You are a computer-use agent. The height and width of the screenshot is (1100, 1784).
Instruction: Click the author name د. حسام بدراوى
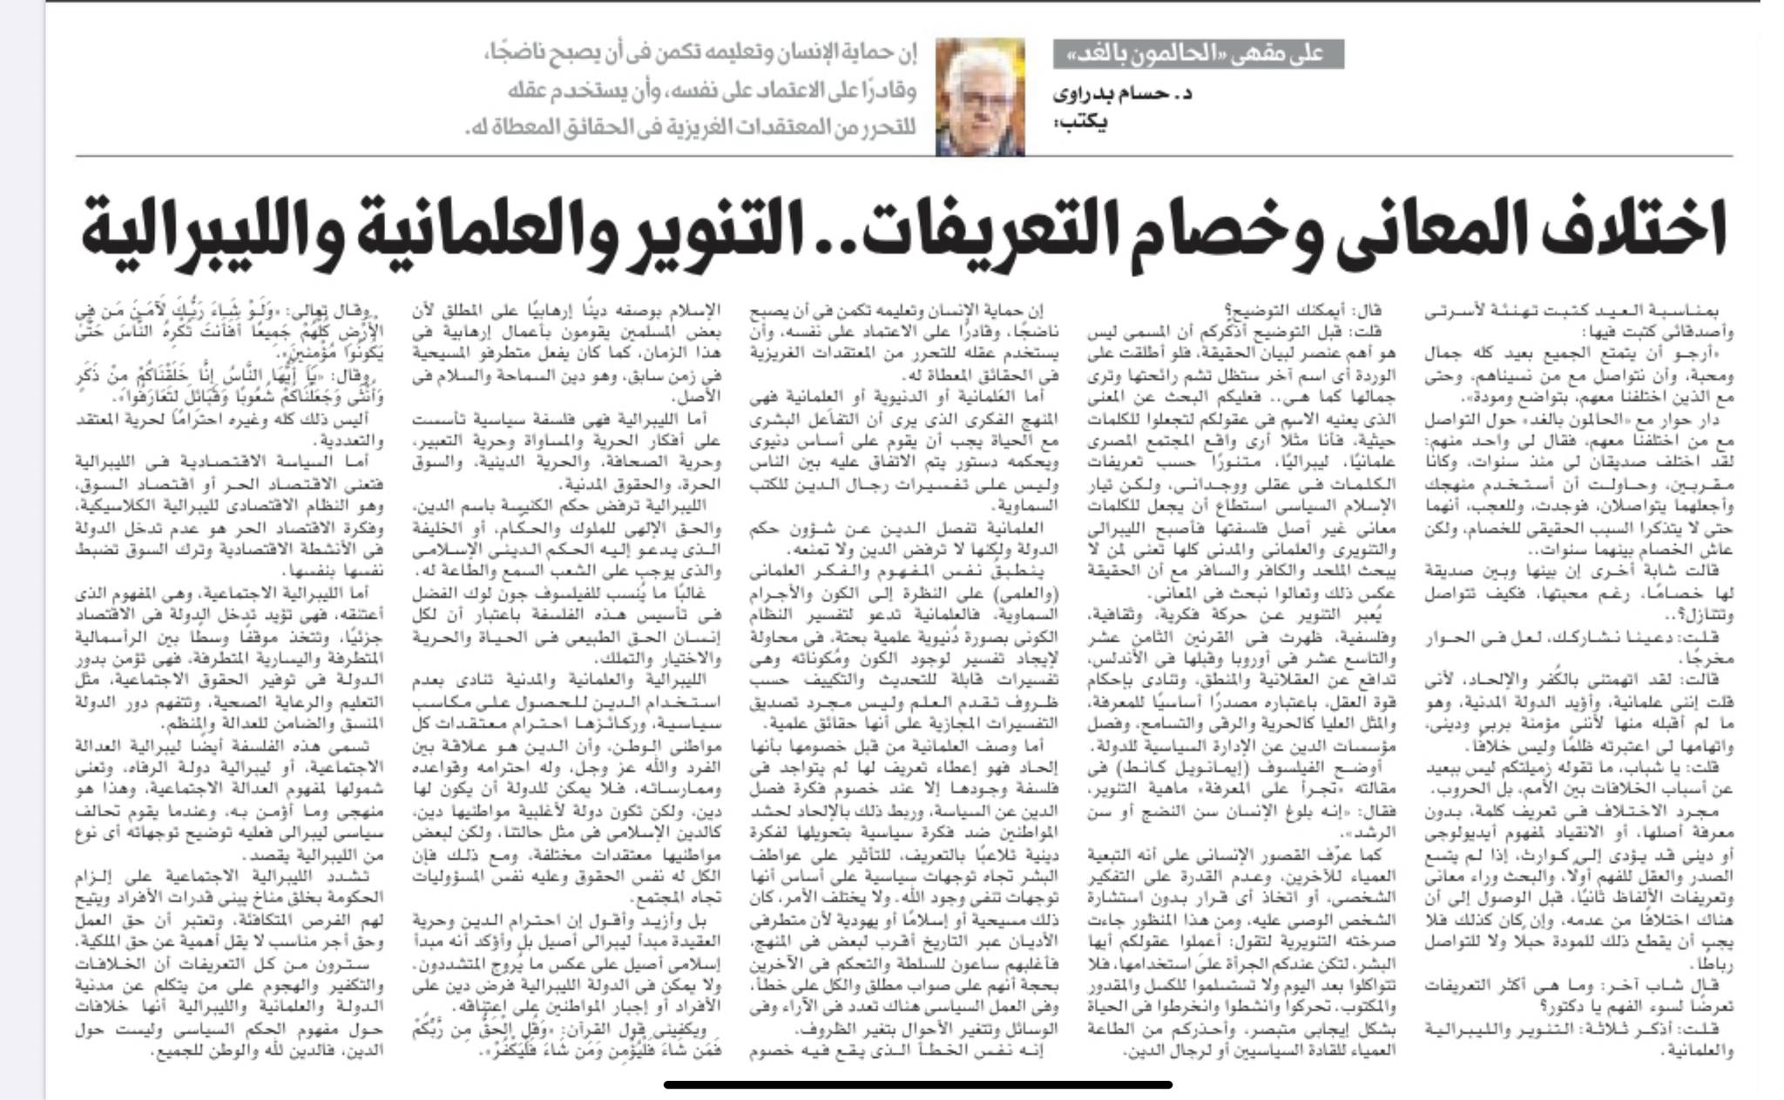point(1123,94)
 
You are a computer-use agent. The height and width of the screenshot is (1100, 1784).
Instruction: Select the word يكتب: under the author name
point(1085,123)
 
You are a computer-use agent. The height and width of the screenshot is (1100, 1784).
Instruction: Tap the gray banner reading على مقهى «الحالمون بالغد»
point(1198,54)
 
